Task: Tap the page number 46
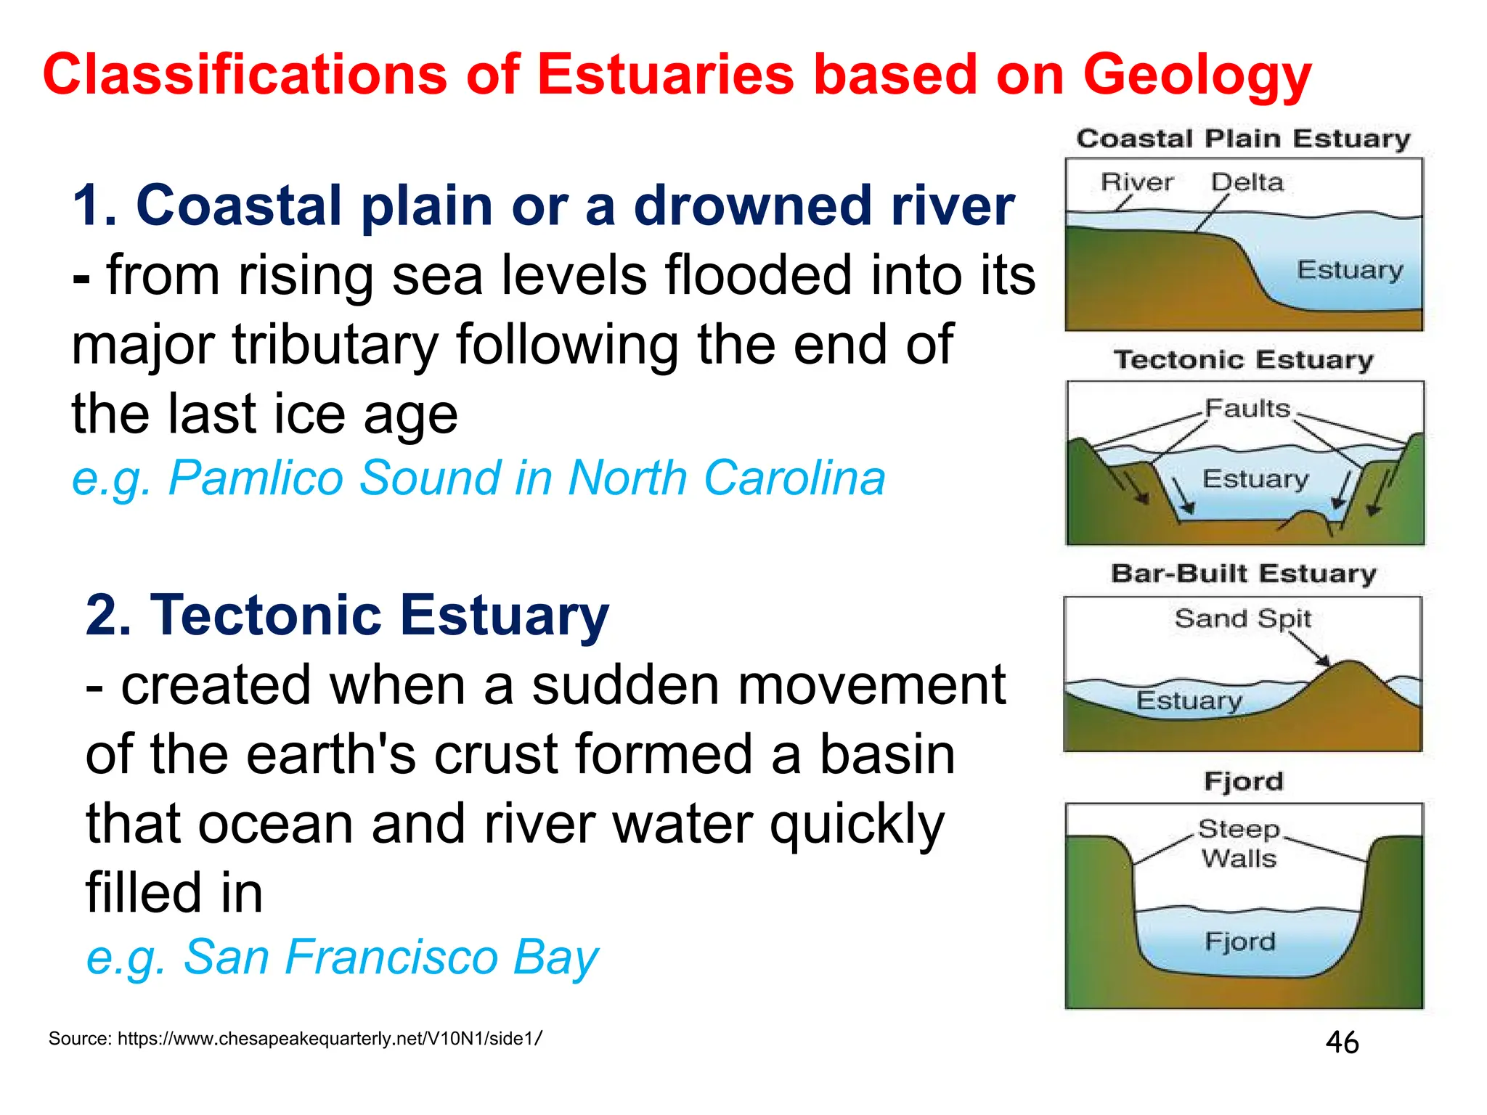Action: (x=1342, y=1042)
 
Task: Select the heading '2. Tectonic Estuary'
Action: (x=347, y=616)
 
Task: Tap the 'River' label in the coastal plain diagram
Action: (x=1136, y=181)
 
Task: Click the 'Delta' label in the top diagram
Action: (x=1247, y=181)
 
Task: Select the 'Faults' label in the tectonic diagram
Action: (x=1247, y=408)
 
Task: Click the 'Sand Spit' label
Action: (x=1242, y=618)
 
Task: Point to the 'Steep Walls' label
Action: (x=1239, y=844)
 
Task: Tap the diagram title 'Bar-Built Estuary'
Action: (x=1243, y=573)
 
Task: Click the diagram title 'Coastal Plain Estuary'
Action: (x=1243, y=139)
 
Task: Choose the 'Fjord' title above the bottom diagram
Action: (x=1243, y=781)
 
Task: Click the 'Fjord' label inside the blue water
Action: (x=1240, y=942)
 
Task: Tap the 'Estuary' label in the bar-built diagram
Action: (x=1189, y=701)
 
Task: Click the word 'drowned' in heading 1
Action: (x=753, y=206)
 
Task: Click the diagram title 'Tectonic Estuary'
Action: (x=1243, y=359)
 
